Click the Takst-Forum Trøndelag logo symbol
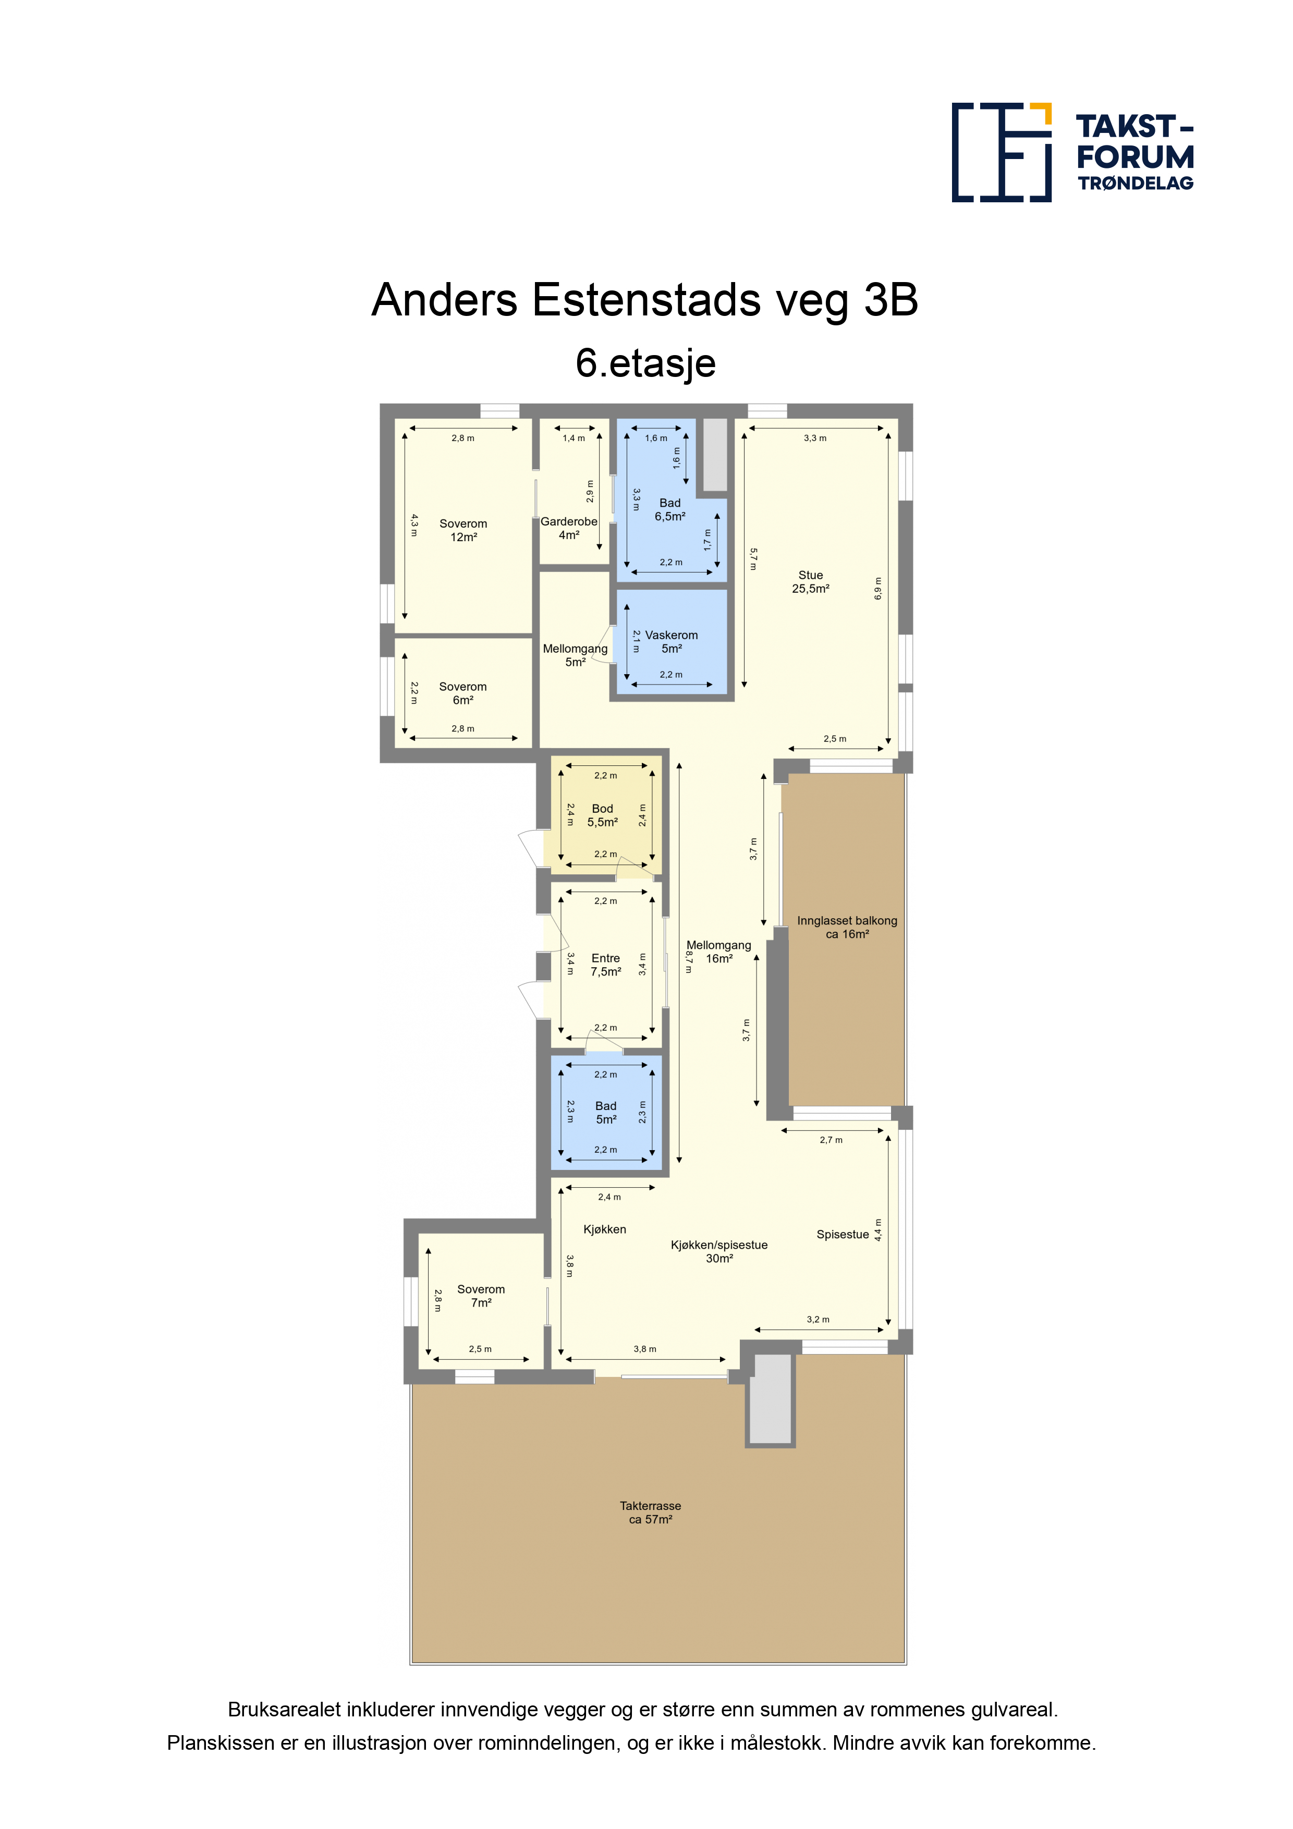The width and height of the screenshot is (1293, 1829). click(1002, 152)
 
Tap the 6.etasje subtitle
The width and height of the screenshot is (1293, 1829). click(645, 363)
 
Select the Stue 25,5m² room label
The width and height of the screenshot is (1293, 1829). click(810, 581)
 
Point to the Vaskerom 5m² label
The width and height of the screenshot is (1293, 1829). click(671, 641)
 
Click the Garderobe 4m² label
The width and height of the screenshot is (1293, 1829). click(569, 528)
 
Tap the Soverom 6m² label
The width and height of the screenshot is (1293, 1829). click(463, 693)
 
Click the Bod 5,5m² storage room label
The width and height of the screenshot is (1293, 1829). click(602, 815)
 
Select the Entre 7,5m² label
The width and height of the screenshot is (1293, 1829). click(605, 965)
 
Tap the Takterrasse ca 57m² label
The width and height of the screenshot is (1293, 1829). click(650, 1513)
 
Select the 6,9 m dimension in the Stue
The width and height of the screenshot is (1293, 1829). click(878, 589)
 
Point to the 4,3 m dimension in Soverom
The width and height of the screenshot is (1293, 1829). click(413, 525)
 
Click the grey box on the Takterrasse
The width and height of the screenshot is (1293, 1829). click(771, 1399)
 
